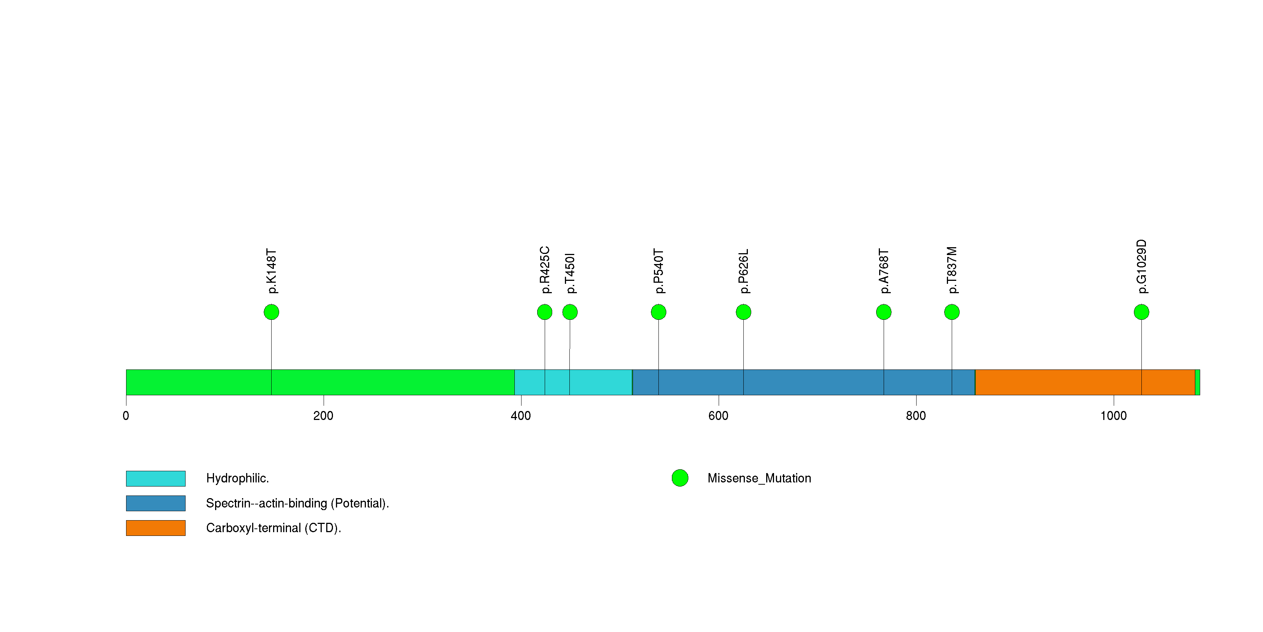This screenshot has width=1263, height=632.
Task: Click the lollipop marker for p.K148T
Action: coord(271,312)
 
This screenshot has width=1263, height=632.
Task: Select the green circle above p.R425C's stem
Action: coord(544,312)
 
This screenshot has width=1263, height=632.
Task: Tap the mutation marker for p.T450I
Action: coord(570,312)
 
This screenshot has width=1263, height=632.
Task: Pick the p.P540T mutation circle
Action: coord(658,312)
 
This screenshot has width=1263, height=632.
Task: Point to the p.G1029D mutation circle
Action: coord(1141,312)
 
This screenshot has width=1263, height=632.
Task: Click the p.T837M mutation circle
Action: coord(952,312)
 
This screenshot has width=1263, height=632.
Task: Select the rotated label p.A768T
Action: coord(884,271)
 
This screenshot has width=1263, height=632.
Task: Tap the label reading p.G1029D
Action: coord(1141,267)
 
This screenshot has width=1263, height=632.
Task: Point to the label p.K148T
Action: coord(272,271)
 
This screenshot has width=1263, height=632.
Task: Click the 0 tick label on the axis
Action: coord(126,416)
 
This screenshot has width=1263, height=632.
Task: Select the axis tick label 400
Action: coord(521,416)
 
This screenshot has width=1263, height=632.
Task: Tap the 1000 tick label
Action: coord(1113,416)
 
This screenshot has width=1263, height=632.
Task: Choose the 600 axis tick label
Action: coord(718,416)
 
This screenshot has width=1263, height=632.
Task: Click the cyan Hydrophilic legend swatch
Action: coord(155,478)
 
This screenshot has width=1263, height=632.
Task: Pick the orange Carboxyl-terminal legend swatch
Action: coord(155,528)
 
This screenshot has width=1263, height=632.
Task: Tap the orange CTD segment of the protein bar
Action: coord(1085,382)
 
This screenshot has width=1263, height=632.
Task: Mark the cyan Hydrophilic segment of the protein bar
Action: coord(573,382)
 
